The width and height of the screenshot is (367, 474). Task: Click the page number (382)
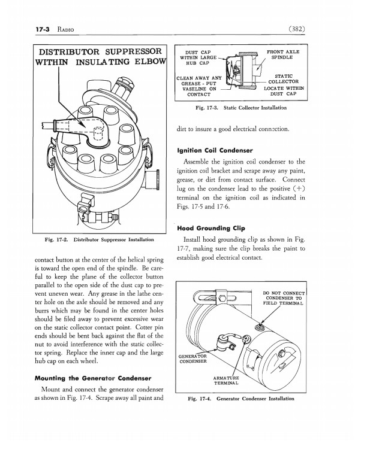point(296,29)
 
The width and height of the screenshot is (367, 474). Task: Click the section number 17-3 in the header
point(43,29)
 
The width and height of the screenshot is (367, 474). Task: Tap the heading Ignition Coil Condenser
point(215,151)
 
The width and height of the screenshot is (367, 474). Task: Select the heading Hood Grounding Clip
point(211,228)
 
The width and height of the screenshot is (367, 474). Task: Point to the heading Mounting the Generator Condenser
point(93,378)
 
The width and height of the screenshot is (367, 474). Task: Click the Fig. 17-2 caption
point(100,240)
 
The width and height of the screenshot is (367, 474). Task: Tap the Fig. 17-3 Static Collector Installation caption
point(241,108)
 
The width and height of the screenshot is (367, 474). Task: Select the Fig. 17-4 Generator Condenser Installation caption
point(241,399)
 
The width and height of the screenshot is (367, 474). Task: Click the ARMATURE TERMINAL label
point(226,381)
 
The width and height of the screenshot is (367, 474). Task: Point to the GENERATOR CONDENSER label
point(192,359)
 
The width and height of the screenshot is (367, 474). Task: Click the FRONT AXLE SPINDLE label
point(282,54)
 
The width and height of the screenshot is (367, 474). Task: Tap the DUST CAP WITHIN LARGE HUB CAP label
point(198,57)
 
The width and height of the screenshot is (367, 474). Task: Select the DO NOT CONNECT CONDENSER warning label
point(284,298)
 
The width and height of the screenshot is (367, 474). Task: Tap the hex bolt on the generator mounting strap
point(222,298)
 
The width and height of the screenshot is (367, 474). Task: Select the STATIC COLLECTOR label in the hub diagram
point(284,79)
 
